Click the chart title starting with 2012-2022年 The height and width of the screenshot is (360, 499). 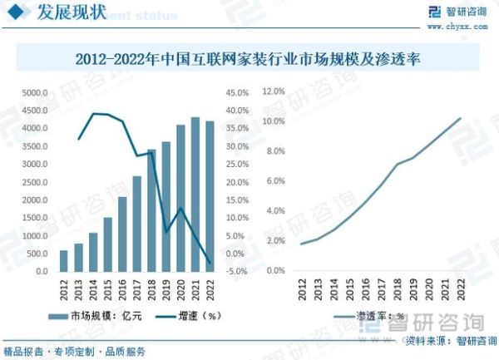click(x=249, y=59)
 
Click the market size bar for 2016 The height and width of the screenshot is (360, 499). click(x=122, y=234)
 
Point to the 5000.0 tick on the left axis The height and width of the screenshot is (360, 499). click(x=35, y=93)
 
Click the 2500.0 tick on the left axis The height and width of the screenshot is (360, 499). click(x=35, y=182)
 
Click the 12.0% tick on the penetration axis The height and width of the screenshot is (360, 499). click(x=274, y=91)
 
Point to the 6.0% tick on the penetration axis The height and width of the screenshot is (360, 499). click(x=275, y=181)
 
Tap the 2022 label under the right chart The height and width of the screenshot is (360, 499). click(x=460, y=289)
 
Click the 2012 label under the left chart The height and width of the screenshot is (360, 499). click(x=64, y=289)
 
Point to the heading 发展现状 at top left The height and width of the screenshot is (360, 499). click(x=67, y=12)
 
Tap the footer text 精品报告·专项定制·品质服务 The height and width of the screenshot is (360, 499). click(x=75, y=350)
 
